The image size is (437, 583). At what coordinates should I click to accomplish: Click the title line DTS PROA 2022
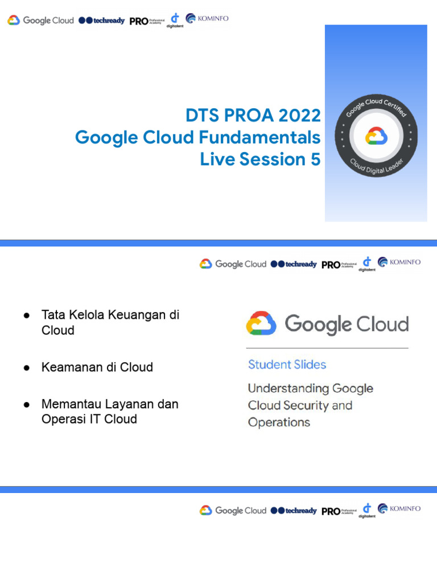coord(253,116)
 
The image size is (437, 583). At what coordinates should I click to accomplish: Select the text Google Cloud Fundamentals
coord(197,138)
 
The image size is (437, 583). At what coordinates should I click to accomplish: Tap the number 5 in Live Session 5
coord(315,159)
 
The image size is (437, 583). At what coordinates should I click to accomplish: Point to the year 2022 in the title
coord(299,116)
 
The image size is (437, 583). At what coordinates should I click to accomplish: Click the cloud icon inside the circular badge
coord(376,137)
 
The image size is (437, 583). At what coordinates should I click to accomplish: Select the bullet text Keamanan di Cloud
coord(97,367)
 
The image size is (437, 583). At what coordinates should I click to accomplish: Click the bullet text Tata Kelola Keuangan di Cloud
coord(110,322)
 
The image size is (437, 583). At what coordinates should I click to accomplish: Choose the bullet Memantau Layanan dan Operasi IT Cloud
coord(110,412)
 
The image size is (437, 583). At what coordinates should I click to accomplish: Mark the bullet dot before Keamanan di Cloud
coord(26,368)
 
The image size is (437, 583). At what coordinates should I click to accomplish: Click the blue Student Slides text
coord(287,364)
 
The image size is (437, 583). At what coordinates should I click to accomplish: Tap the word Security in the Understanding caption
coord(308,405)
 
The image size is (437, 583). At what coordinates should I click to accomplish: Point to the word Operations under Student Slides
coord(279,422)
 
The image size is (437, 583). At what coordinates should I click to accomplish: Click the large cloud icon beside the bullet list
coord(261,324)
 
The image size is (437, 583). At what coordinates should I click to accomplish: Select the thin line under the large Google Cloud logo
coord(327,348)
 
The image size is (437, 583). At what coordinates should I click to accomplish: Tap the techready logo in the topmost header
coord(101,20)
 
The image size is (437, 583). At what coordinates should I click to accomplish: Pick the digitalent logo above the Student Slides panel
coord(366,264)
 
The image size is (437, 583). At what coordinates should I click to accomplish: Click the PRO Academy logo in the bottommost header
coord(339,511)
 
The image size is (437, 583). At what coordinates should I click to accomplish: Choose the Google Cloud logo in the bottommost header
coord(233,511)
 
